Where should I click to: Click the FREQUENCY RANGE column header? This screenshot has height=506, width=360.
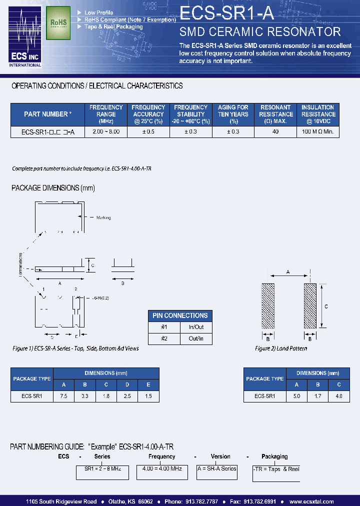[106, 114]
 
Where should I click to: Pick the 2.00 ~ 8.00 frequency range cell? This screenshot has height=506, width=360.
[106, 132]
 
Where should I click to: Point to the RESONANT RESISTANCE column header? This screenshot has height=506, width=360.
[275, 114]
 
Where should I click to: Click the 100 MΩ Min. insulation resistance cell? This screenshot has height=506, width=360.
[318, 132]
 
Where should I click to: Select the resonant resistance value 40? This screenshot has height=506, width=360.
[275, 132]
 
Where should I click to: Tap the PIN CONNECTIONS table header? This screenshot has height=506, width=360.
[180, 315]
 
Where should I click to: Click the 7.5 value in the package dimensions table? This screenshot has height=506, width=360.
[63, 395]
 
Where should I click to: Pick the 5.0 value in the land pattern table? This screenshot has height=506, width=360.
[296, 395]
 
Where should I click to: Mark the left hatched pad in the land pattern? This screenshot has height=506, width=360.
[268, 306]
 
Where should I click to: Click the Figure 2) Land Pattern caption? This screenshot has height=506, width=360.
[281, 348]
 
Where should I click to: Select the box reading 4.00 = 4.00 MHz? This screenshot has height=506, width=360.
[161, 469]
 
